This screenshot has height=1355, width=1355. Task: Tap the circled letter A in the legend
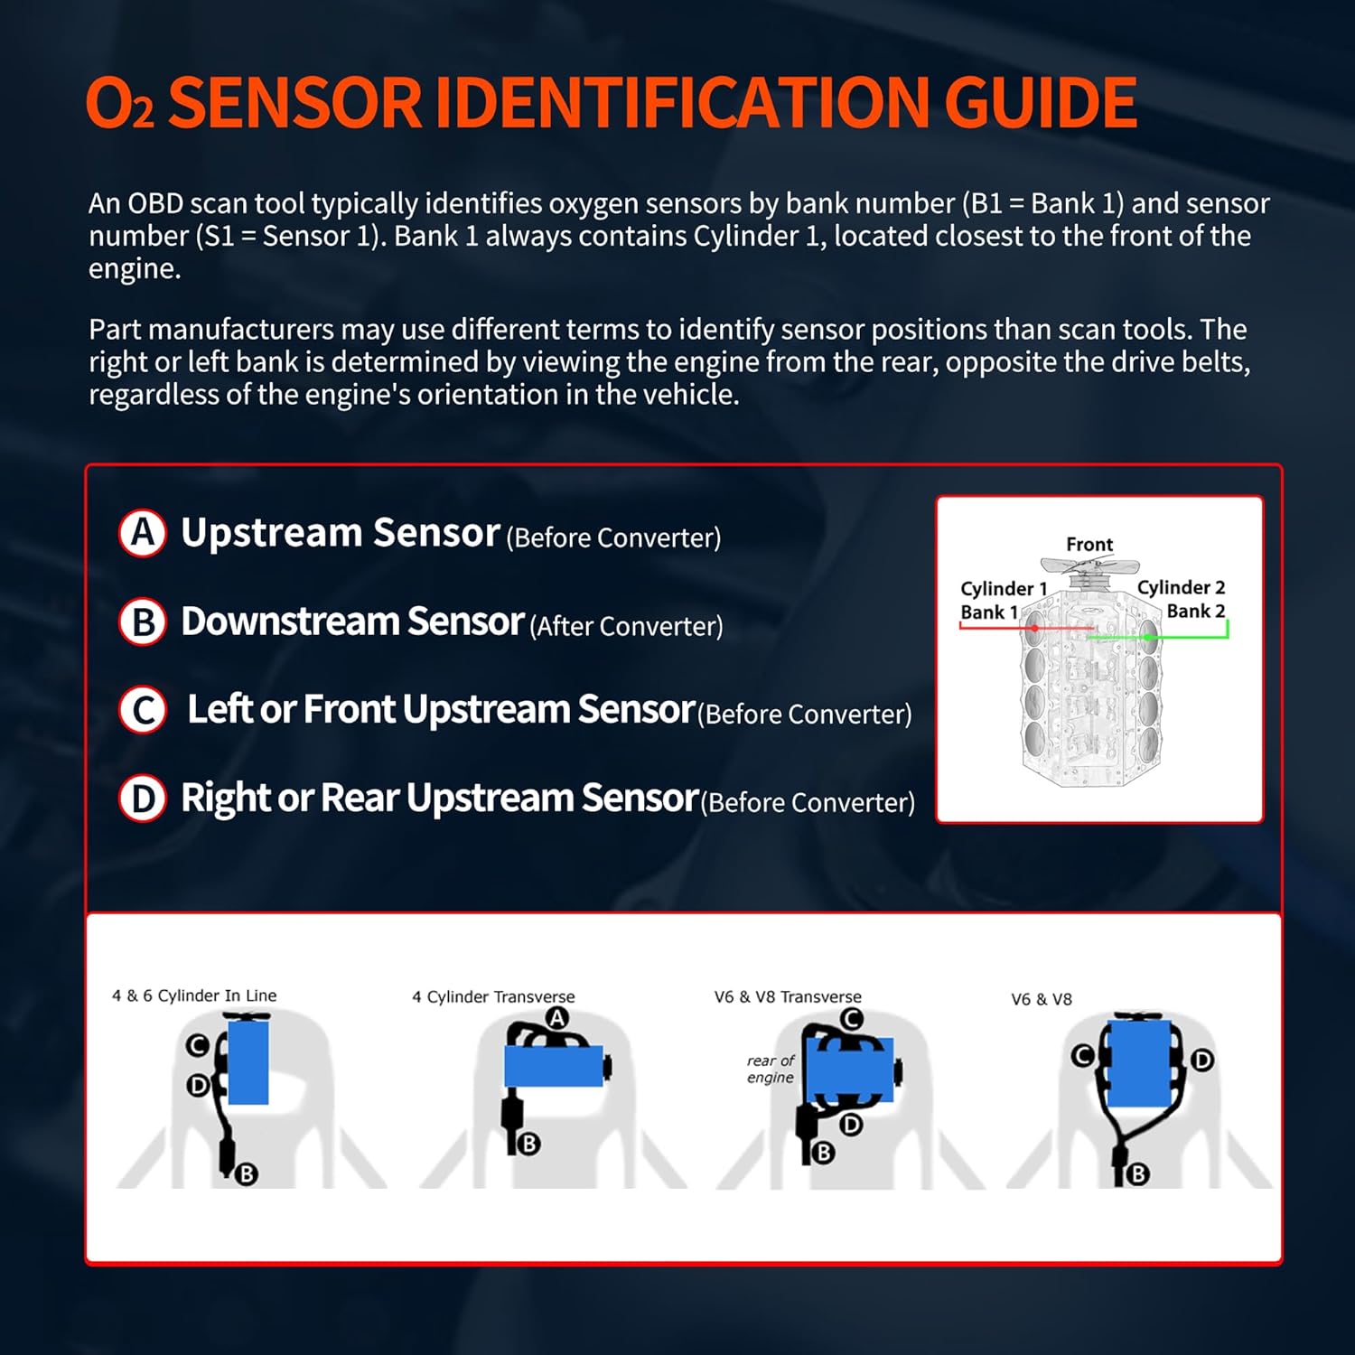[x=143, y=534]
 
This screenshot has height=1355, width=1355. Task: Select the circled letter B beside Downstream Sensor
[x=143, y=622]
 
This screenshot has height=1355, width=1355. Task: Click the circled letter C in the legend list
[x=143, y=710]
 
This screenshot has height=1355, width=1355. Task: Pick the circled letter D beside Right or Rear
[x=143, y=799]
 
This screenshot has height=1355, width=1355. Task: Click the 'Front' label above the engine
[x=1089, y=544]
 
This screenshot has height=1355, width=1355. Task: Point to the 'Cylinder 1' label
[x=1003, y=588]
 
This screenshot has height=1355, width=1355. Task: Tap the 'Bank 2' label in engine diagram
[x=1195, y=611]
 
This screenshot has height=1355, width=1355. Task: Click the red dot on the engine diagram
[x=1034, y=627]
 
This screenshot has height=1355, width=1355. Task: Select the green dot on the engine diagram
[x=1147, y=637]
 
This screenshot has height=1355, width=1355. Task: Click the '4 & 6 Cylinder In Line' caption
[x=194, y=995]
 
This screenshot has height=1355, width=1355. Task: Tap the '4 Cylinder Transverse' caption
[x=493, y=996]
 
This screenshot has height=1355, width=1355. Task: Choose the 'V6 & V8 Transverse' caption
[x=788, y=996]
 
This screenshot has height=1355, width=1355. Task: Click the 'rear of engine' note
[x=771, y=1069]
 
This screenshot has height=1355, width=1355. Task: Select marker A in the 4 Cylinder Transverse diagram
[x=557, y=1018]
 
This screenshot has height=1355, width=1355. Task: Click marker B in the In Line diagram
[x=247, y=1173]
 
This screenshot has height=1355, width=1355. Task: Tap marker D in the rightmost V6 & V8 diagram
[x=1201, y=1060]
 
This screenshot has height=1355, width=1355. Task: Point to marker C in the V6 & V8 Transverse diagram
[x=851, y=1019]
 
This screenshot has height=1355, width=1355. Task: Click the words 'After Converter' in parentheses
[x=626, y=626]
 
